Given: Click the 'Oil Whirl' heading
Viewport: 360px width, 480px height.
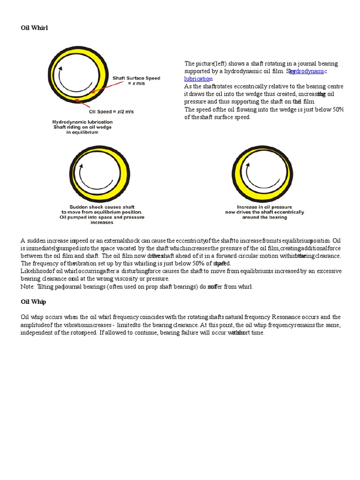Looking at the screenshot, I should coord(34,28).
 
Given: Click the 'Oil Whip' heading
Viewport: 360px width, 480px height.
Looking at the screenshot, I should coord(33,302).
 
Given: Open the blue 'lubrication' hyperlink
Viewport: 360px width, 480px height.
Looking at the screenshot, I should coord(198,79).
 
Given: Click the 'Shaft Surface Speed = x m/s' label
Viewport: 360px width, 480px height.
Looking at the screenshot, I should coord(136,81).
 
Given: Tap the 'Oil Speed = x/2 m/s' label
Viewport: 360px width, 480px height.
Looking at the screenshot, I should coord(111,112).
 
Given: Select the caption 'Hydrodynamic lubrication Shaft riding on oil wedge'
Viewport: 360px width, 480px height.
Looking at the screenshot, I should coord(82,127).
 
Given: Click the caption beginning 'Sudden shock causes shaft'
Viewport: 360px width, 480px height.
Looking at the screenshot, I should coord(102,214).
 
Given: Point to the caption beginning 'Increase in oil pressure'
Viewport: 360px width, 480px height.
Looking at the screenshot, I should coord(264,212).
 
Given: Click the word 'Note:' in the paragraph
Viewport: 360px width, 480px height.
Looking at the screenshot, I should coord(28,286).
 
